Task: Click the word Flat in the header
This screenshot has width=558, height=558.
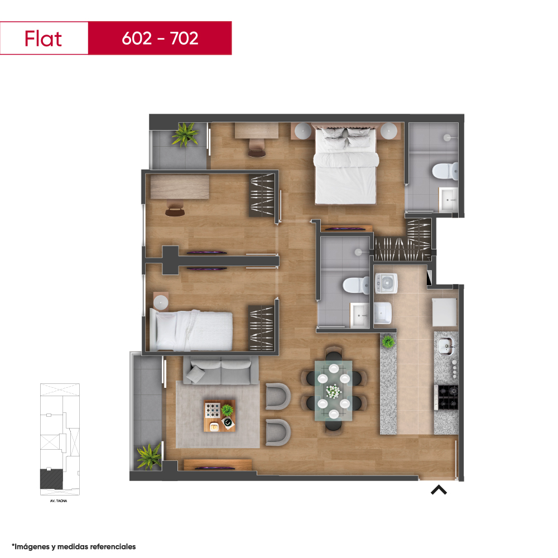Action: pos(43,39)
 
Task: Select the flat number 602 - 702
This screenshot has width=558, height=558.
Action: pos(160,39)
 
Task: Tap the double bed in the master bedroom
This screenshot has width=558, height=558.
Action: pos(345,166)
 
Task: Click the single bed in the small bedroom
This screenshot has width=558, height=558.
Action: pos(191,330)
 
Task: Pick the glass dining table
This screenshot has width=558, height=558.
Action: pos(334,391)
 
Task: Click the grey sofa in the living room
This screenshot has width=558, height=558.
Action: pos(221,371)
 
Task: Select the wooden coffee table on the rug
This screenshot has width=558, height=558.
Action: pos(219,416)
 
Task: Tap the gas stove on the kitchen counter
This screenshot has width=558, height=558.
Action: pos(448,397)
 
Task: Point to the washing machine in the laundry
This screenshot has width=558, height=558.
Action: pos(386,283)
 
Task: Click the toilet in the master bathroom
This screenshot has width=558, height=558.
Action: pos(445,171)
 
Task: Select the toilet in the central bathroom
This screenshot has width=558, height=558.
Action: pos(356,285)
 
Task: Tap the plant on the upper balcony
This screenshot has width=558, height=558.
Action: pos(185,134)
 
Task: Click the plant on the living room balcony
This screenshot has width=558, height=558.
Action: pos(150,456)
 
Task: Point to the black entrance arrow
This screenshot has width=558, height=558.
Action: pos(439,490)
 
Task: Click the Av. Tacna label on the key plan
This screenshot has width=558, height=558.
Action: pos(59,501)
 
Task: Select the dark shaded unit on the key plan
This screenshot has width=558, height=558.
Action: pos(51,479)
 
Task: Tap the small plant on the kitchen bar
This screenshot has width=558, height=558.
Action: pos(388,342)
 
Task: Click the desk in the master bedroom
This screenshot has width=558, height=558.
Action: pos(257,130)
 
